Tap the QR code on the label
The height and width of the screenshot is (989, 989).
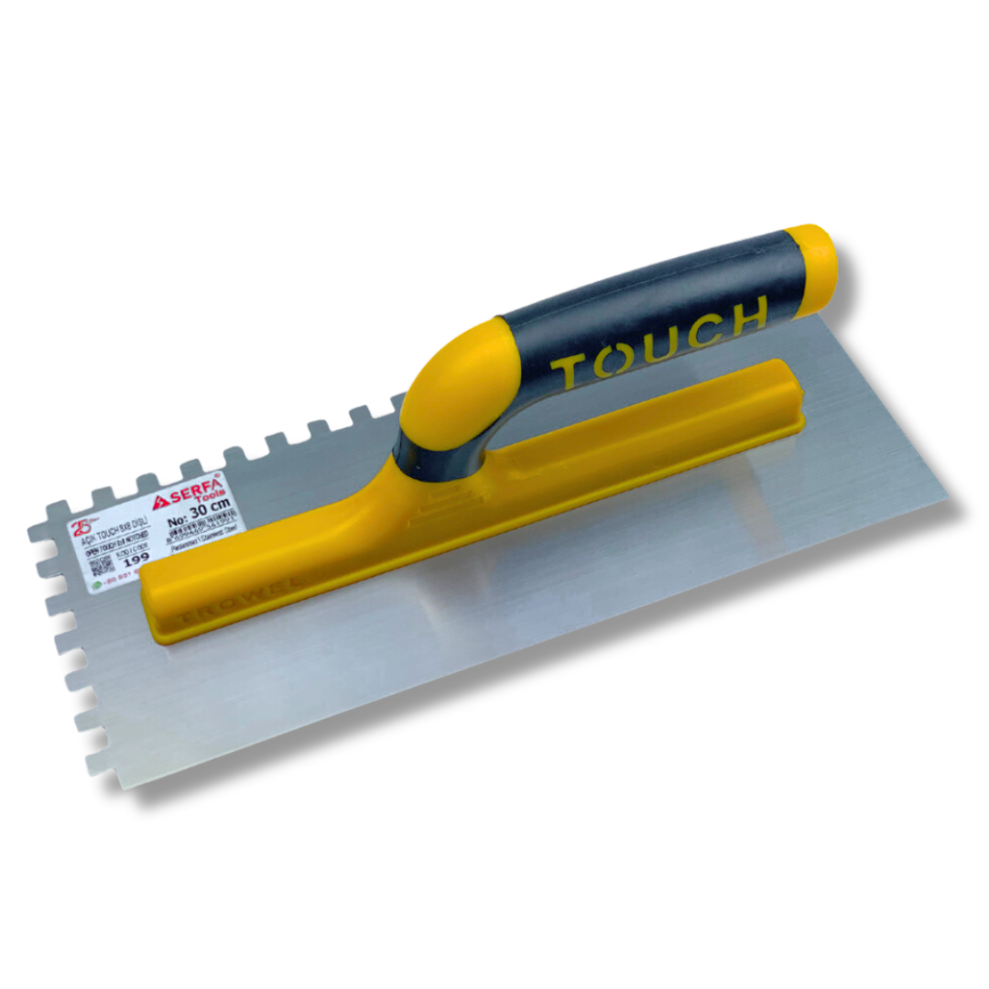pyautogui.click(x=102, y=567)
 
